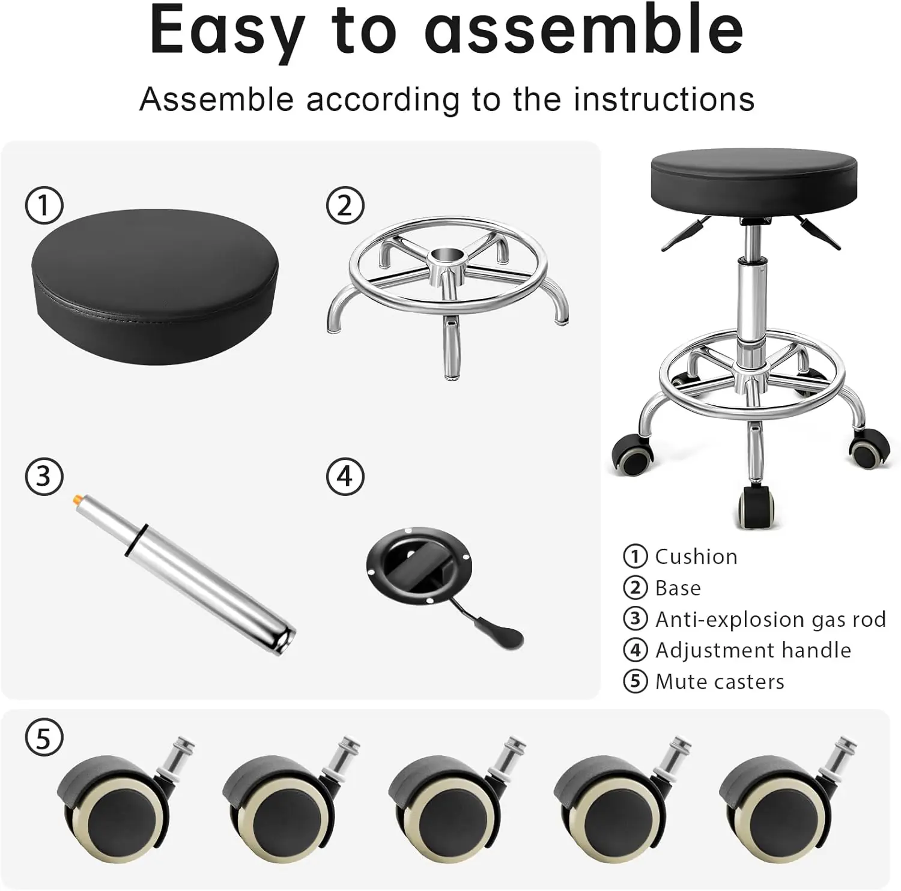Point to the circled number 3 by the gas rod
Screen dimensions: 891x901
pos(44,476)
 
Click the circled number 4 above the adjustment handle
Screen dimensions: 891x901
pos(345,476)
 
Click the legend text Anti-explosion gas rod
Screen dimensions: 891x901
pos(770,619)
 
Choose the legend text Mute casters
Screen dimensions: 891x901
pos(720,681)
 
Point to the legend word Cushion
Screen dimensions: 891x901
pos(696,557)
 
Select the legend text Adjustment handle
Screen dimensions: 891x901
pos(753,650)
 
